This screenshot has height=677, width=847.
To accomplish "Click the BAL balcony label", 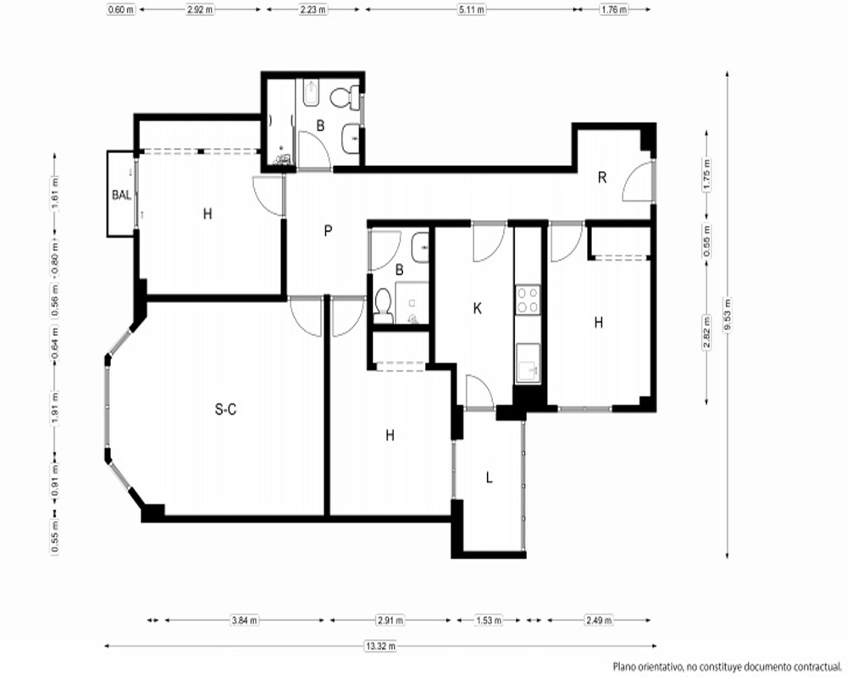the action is pyautogui.click(x=121, y=195).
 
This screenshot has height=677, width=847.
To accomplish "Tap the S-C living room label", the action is pyautogui.click(x=225, y=410).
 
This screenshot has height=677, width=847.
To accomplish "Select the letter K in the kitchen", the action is pyautogui.click(x=477, y=308).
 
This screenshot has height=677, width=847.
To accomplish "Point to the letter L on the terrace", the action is pyautogui.click(x=490, y=478).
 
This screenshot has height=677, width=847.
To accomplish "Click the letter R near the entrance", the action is pyautogui.click(x=602, y=178).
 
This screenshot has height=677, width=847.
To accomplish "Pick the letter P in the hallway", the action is pyautogui.click(x=328, y=231).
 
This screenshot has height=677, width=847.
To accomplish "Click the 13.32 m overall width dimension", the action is pyautogui.click(x=381, y=646).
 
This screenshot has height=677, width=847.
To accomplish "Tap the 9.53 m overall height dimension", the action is pyautogui.click(x=727, y=316).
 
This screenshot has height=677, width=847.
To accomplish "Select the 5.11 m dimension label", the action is pyautogui.click(x=472, y=9).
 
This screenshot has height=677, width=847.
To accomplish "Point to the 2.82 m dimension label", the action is pyautogui.click(x=706, y=332).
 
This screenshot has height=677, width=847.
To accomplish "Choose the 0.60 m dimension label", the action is pyautogui.click(x=121, y=9).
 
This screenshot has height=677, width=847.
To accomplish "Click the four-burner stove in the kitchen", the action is pyautogui.click(x=528, y=300).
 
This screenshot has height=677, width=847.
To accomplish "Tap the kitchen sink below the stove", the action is pyautogui.click(x=528, y=363).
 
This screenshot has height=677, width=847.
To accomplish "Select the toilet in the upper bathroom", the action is pyautogui.click(x=345, y=97).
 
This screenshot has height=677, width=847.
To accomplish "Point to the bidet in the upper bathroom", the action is pyautogui.click(x=312, y=94).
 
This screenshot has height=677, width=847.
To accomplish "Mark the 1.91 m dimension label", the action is pyautogui.click(x=55, y=408).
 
